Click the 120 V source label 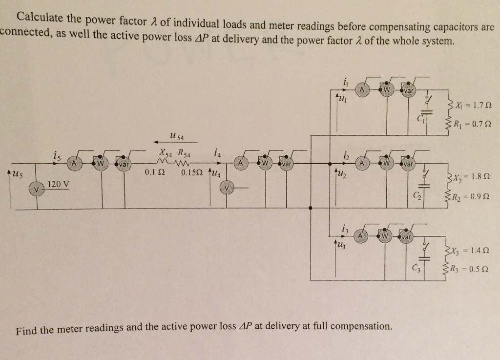(x=59, y=184)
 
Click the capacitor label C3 (x=416, y=267)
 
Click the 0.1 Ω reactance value (x=154, y=172)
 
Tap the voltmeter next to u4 (x=226, y=187)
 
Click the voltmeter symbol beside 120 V (x=35, y=188)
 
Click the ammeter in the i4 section (x=241, y=163)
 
